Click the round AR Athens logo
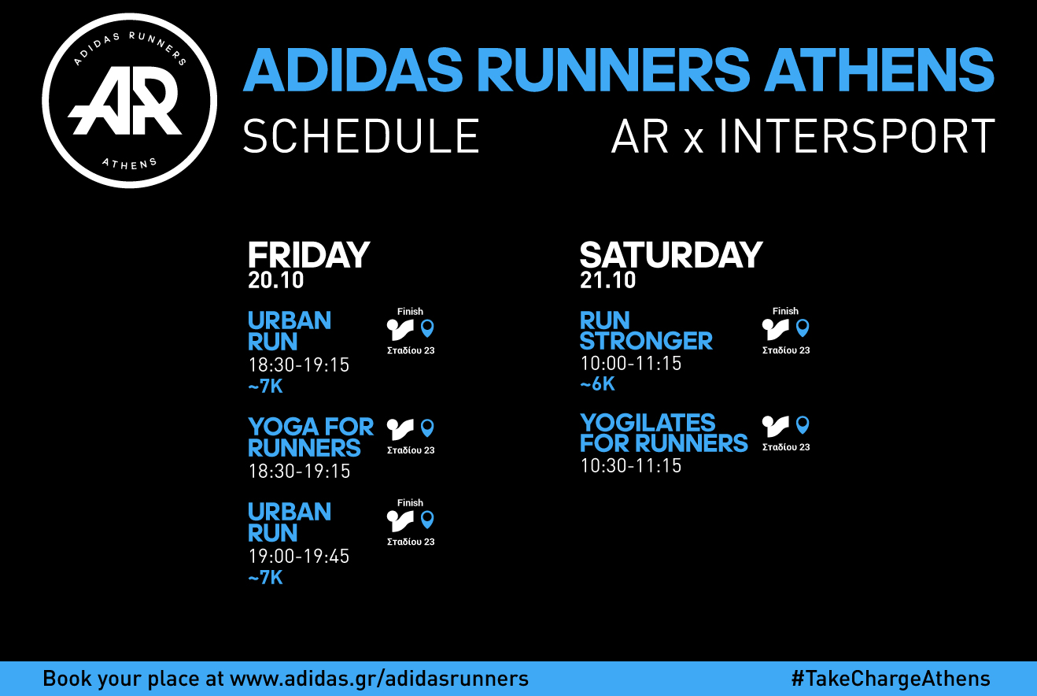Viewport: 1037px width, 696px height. pos(129,101)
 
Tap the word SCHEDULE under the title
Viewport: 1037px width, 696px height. pos(361,135)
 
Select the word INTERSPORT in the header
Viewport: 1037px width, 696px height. pos(857,135)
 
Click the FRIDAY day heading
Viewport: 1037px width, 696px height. pos(308,254)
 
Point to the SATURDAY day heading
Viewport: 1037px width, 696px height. pos(671,254)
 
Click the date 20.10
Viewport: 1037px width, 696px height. pos(276,280)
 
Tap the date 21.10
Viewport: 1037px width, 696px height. pos(608,280)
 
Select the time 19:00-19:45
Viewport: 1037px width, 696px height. pos(299,556)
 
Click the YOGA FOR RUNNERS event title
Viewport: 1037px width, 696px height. pos(311,437)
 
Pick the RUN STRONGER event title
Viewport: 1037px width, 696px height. pos(646,331)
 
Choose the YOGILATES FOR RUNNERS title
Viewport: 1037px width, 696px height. pos(664,433)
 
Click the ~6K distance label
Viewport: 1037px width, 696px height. pos(598,383)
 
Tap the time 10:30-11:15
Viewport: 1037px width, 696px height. pos(631,465)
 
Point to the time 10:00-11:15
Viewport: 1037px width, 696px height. pos(631,363)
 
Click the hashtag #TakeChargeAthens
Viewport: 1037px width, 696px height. pos(891,679)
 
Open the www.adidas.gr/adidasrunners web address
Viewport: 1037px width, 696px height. pos(379,679)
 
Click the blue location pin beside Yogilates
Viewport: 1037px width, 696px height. pos(803,425)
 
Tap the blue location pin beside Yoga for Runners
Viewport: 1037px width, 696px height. pos(427,428)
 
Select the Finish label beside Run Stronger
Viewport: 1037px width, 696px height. pos(785,311)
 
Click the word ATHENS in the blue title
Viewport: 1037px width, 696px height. pos(879,69)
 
